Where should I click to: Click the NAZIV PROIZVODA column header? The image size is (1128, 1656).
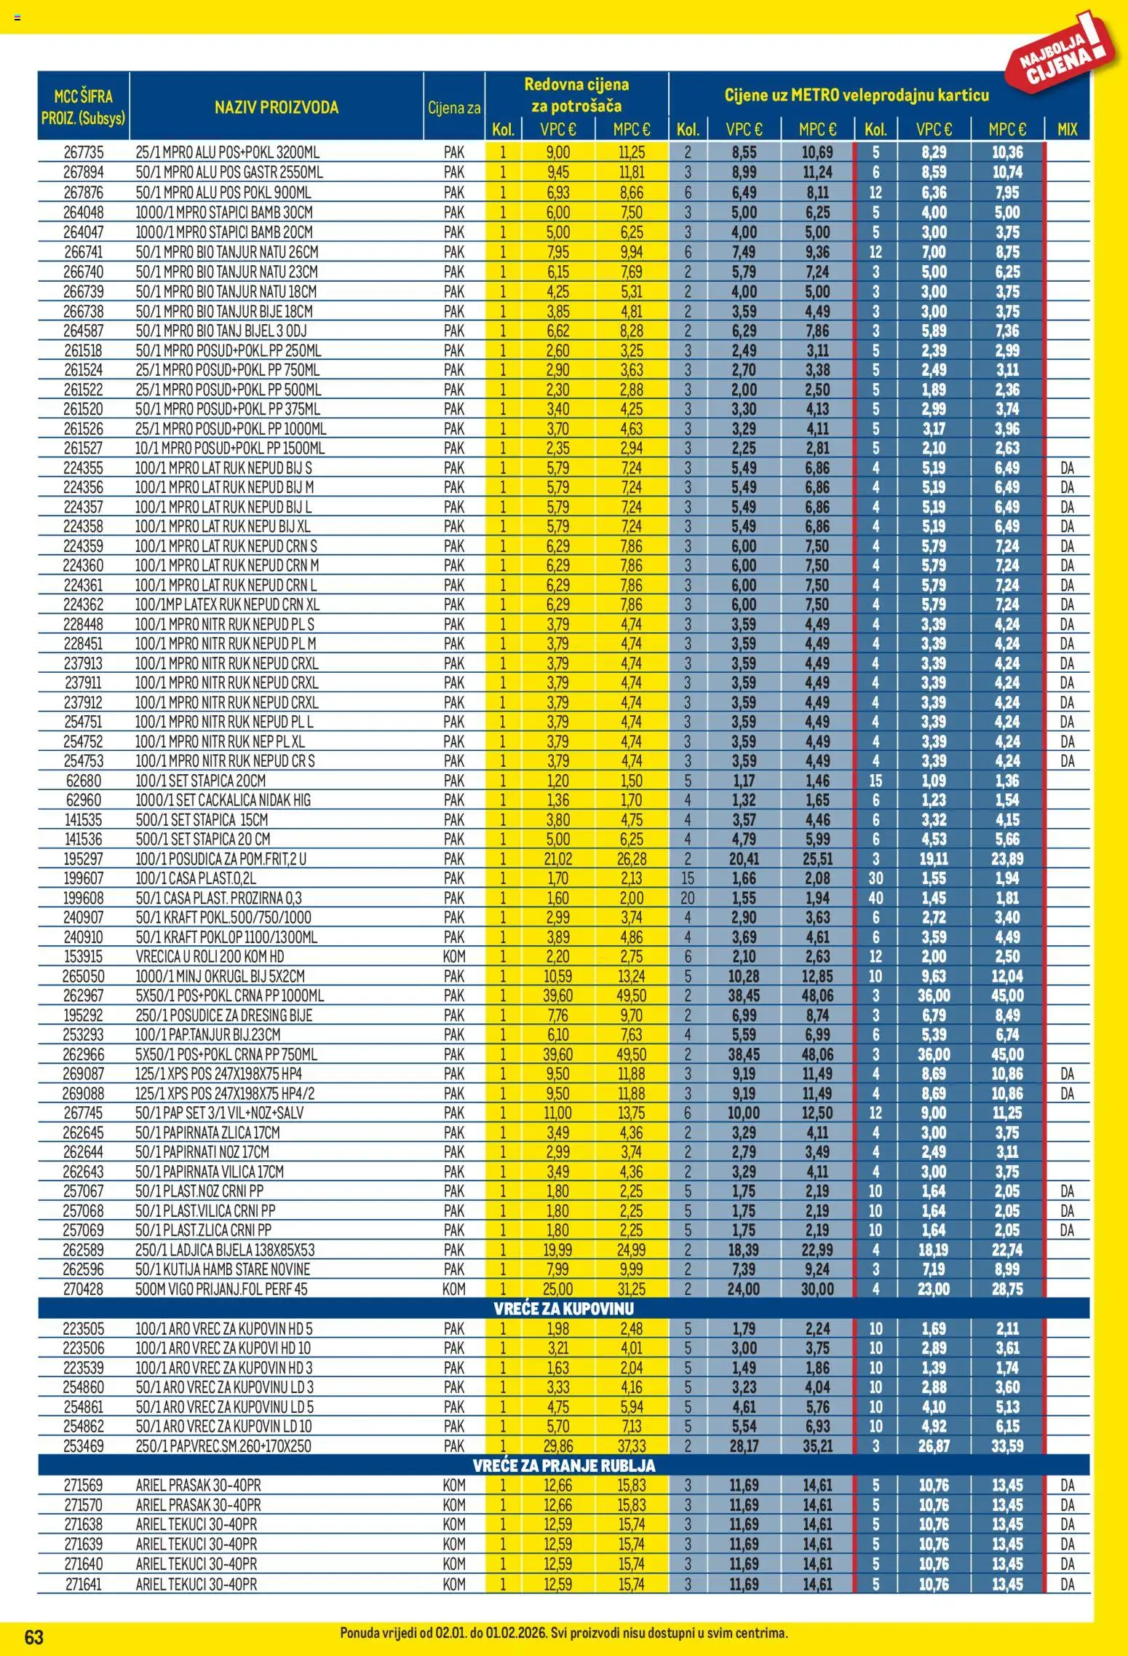pyautogui.click(x=277, y=108)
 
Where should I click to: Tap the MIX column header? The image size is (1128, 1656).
pyautogui.click(x=1067, y=130)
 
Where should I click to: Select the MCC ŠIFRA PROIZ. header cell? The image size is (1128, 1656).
pyautogui.click(x=84, y=106)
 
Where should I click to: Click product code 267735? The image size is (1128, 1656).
pyautogui.click(x=84, y=153)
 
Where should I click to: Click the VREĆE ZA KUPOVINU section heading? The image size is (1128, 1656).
pyautogui.click(x=564, y=1309)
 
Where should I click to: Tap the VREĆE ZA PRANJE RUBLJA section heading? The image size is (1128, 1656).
pyautogui.click(x=564, y=1465)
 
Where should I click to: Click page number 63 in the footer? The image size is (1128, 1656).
pyautogui.click(x=34, y=1637)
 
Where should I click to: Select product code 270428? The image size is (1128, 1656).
pyautogui.click(x=84, y=1289)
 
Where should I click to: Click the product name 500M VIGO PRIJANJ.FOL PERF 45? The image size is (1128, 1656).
pyautogui.click(x=221, y=1289)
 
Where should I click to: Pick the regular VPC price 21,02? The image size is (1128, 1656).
pyautogui.click(x=558, y=859)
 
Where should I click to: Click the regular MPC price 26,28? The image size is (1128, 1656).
pyautogui.click(x=631, y=859)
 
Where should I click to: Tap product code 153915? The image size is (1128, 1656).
pyautogui.click(x=84, y=957)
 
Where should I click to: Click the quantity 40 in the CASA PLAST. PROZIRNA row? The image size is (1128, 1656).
pyautogui.click(x=875, y=898)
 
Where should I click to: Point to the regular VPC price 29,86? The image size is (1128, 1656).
pyautogui.click(x=558, y=1446)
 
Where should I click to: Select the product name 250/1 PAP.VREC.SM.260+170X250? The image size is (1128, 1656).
pyautogui.click(x=223, y=1446)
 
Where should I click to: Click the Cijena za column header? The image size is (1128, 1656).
pyautogui.click(x=454, y=109)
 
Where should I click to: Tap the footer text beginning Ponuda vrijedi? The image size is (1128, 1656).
pyautogui.click(x=564, y=1633)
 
